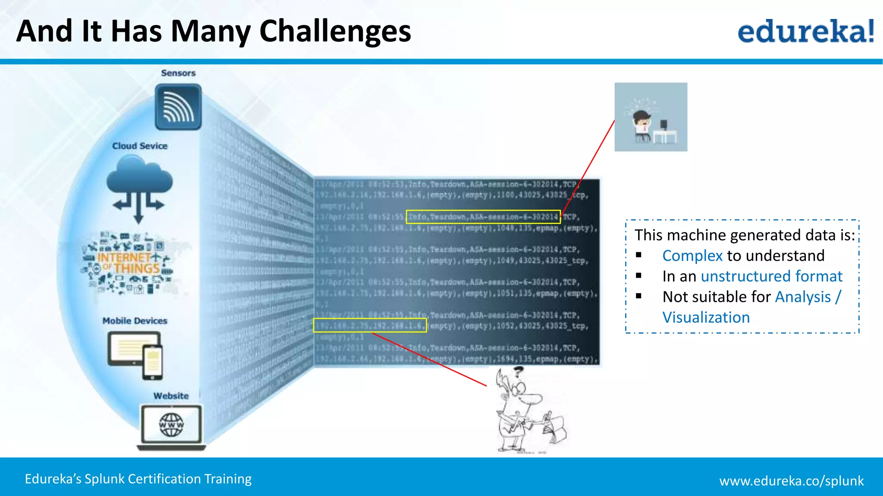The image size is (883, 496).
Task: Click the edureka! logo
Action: click(805, 31)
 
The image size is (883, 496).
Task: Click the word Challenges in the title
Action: click(335, 32)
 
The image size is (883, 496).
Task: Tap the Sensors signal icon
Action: click(178, 107)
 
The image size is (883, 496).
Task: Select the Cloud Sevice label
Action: click(140, 146)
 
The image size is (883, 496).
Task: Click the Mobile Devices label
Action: click(135, 321)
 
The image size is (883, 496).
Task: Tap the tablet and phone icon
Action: click(135, 355)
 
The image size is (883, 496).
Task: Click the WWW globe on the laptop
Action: click(171, 425)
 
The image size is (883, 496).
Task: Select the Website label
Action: click(171, 396)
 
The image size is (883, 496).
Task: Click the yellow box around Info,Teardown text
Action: click(483, 217)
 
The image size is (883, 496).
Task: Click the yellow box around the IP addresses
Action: click(370, 325)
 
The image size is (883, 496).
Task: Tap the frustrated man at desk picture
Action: click(651, 117)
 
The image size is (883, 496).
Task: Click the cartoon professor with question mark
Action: click(526, 411)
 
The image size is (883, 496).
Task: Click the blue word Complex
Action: click(692, 256)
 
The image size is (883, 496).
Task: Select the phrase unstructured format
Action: click(771, 276)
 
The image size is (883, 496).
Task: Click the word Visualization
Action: click(706, 317)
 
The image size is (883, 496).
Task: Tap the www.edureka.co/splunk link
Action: click(791, 480)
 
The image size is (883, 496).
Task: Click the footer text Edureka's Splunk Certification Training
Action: click(138, 479)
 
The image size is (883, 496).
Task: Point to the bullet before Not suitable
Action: click(639, 296)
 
